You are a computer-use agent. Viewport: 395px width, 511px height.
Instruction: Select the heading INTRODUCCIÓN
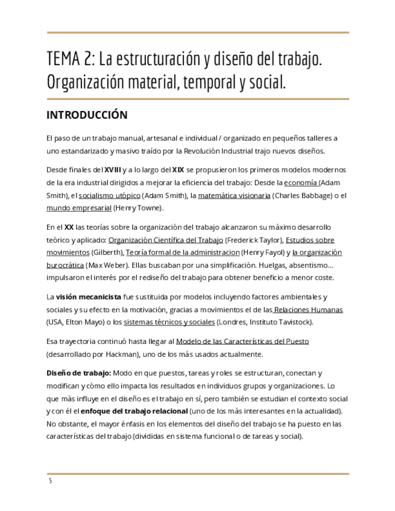point(87,114)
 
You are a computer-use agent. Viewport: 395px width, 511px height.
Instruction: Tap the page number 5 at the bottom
point(51,481)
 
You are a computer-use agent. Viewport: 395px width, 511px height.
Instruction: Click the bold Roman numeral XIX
point(179,169)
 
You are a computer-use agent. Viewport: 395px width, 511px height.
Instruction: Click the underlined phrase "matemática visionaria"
point(234,195)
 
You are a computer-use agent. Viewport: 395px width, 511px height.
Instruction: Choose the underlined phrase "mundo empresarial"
point(78,208)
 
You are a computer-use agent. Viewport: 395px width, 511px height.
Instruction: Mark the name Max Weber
point(107,265)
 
